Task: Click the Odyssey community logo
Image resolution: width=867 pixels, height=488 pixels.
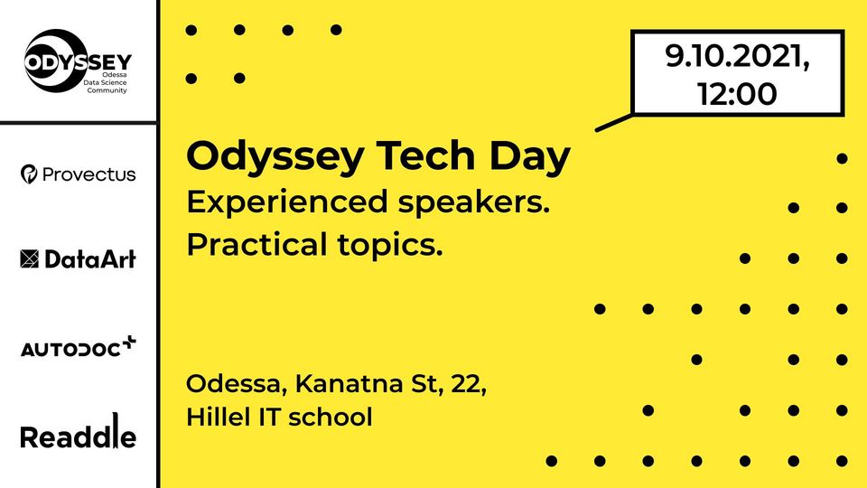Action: pyautogui.click(x=78, y=61)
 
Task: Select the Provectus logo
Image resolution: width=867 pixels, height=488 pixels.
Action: pyautogui.click(x=78, y=174)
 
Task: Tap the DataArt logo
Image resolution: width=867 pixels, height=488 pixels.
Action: pyautogui.click(x=78, y=259)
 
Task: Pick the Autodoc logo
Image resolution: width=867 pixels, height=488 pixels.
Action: pyautogui.click(x=78, y=346)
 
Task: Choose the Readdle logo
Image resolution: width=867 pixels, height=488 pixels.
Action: pyautogui.click(x=78, y=432)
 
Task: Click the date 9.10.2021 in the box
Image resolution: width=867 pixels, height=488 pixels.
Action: pyautogui.click(x=737, y=57)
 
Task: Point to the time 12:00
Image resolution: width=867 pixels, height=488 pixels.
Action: pyautogui.click(x=737, y=93)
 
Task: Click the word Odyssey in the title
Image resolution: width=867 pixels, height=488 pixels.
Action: pyautogui.click(x=275, y=157)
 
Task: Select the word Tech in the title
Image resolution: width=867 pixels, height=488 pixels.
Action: pyautogui.click(x=425, y=155)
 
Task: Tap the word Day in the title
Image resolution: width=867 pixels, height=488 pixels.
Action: pyautogui.click(x=529, y=157)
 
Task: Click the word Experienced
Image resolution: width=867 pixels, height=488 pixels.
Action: pyautogui.click(x=286, y=202)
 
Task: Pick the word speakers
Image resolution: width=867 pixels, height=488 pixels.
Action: pyautogui.click(x=474, y=202)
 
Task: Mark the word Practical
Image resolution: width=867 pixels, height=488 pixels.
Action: pyautogui.click(x=256, y=244)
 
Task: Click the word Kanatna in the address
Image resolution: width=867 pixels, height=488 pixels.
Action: pyautogui.click(x=348, y=383)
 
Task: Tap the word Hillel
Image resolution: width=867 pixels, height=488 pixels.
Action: pyautogui.click(x=219, y=417)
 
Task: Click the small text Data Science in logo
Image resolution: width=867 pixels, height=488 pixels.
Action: pyautogui.click(x=105, y=82)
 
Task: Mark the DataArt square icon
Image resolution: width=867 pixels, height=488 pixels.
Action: pyautogui.click(x=29, y=259)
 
